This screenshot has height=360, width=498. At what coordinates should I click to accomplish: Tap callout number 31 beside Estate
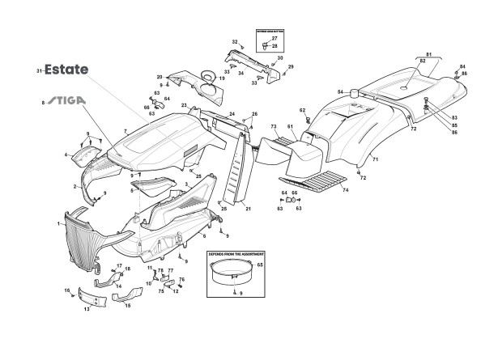[x=38, y=73]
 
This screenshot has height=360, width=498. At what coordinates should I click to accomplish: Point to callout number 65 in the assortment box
[x=261, y=265]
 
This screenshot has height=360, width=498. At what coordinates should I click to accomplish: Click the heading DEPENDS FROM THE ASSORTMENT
[x=230, y=254]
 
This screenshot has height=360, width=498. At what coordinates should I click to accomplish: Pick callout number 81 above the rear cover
[x=429, y=55]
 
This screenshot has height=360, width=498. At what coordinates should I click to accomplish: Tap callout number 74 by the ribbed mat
[x=346, y=190]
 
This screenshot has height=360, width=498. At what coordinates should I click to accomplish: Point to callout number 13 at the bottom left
[x=87, y=309]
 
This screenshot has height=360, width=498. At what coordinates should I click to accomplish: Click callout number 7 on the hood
[x=125, y=131]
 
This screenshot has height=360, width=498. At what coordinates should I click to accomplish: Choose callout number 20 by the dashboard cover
[x=160, y=76]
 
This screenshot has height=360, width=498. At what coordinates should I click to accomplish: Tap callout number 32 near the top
[x=234, y=41]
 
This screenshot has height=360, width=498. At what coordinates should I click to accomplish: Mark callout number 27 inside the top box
[x=274, y=39]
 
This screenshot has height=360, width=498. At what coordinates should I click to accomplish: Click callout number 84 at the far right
[x=463, y=66]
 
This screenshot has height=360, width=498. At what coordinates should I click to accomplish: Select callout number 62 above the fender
[x=301, y=110]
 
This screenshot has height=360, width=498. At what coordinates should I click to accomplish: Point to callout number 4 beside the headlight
[x=66, y=154]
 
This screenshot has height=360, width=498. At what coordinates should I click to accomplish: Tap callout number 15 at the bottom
[x=127, y=307]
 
